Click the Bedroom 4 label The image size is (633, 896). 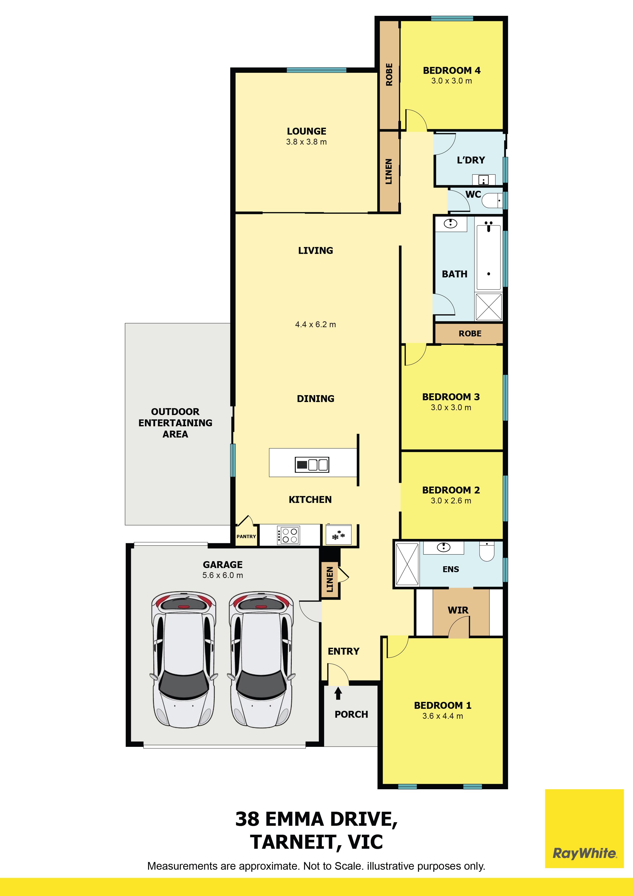pos(452,71)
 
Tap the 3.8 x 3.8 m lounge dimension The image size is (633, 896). pos(307,142)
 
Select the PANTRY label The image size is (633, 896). pos(246,537)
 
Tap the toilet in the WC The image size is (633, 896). pos(491,201)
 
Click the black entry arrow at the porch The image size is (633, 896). pos(338,693)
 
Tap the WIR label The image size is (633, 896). pos(458,610)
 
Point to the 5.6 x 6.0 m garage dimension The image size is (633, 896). pos(223,575)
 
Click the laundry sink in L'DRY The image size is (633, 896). pos(484,180)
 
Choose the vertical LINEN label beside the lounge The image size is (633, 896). pos(389,171)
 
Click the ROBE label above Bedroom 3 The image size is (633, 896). pos(470,334)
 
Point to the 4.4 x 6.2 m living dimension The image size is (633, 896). pos(315,325)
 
